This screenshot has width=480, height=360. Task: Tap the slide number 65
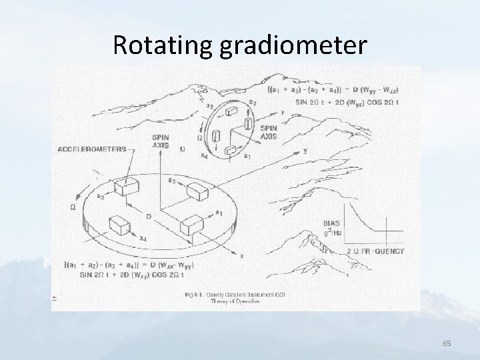[447, 343]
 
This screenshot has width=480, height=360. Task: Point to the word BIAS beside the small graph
[332, 224]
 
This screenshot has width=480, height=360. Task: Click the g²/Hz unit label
[333, 233]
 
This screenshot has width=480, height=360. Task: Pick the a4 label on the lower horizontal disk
[143, 238]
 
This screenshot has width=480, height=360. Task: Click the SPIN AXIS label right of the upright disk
[269, 132]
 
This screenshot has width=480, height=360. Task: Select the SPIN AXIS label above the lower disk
[161, 139]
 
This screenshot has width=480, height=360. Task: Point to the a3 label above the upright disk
[253, 102]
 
